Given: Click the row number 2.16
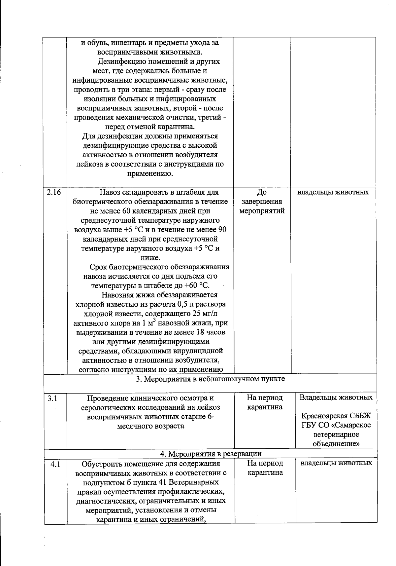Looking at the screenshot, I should (x=54, y=192).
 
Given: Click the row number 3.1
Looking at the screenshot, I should (x=52, y=398).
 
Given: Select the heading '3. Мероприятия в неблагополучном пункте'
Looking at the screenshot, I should (x=211, y=379).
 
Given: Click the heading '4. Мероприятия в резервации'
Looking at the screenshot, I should (x=211, y=454).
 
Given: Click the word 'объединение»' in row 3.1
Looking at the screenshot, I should (x=336, y=443).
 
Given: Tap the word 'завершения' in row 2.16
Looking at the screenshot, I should (x=262, y=202).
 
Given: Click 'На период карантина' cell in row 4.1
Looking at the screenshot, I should (x=265, y=468).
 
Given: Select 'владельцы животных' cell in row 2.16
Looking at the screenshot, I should (x=333, y=192).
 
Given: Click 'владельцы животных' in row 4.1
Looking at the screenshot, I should (x=336, y=463).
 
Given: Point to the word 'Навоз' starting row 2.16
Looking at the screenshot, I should (x=110, y=192).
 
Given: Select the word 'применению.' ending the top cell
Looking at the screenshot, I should (x=150, y=173).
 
